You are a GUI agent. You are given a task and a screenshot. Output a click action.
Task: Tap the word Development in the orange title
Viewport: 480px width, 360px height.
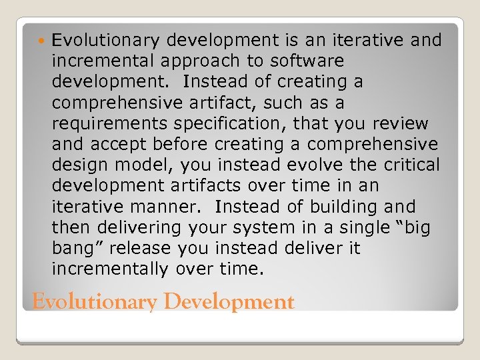[x=229, y=302]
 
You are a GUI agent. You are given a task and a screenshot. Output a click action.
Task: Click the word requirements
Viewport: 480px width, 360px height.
[x=106, y=124]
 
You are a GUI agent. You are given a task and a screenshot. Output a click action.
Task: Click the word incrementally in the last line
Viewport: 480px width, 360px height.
[x=110, y=269]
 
